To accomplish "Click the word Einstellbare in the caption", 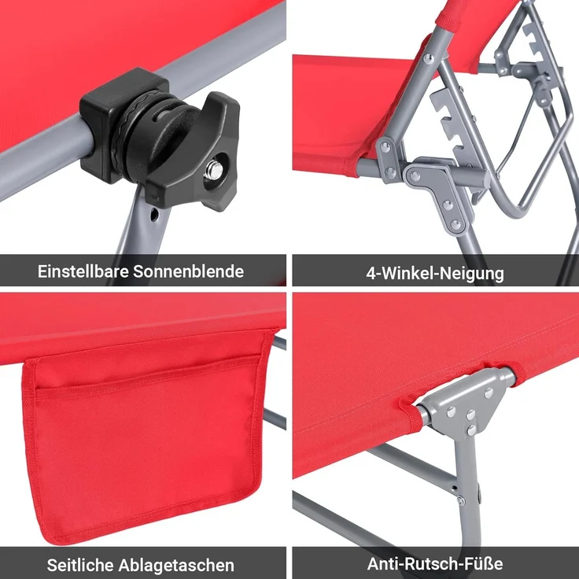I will pos(83,272).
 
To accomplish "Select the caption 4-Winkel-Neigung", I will pos(435,274).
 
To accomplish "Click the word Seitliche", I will pos(80,565).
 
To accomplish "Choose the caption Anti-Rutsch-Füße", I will pos(435,564).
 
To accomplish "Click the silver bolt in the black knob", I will pos(212,171).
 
